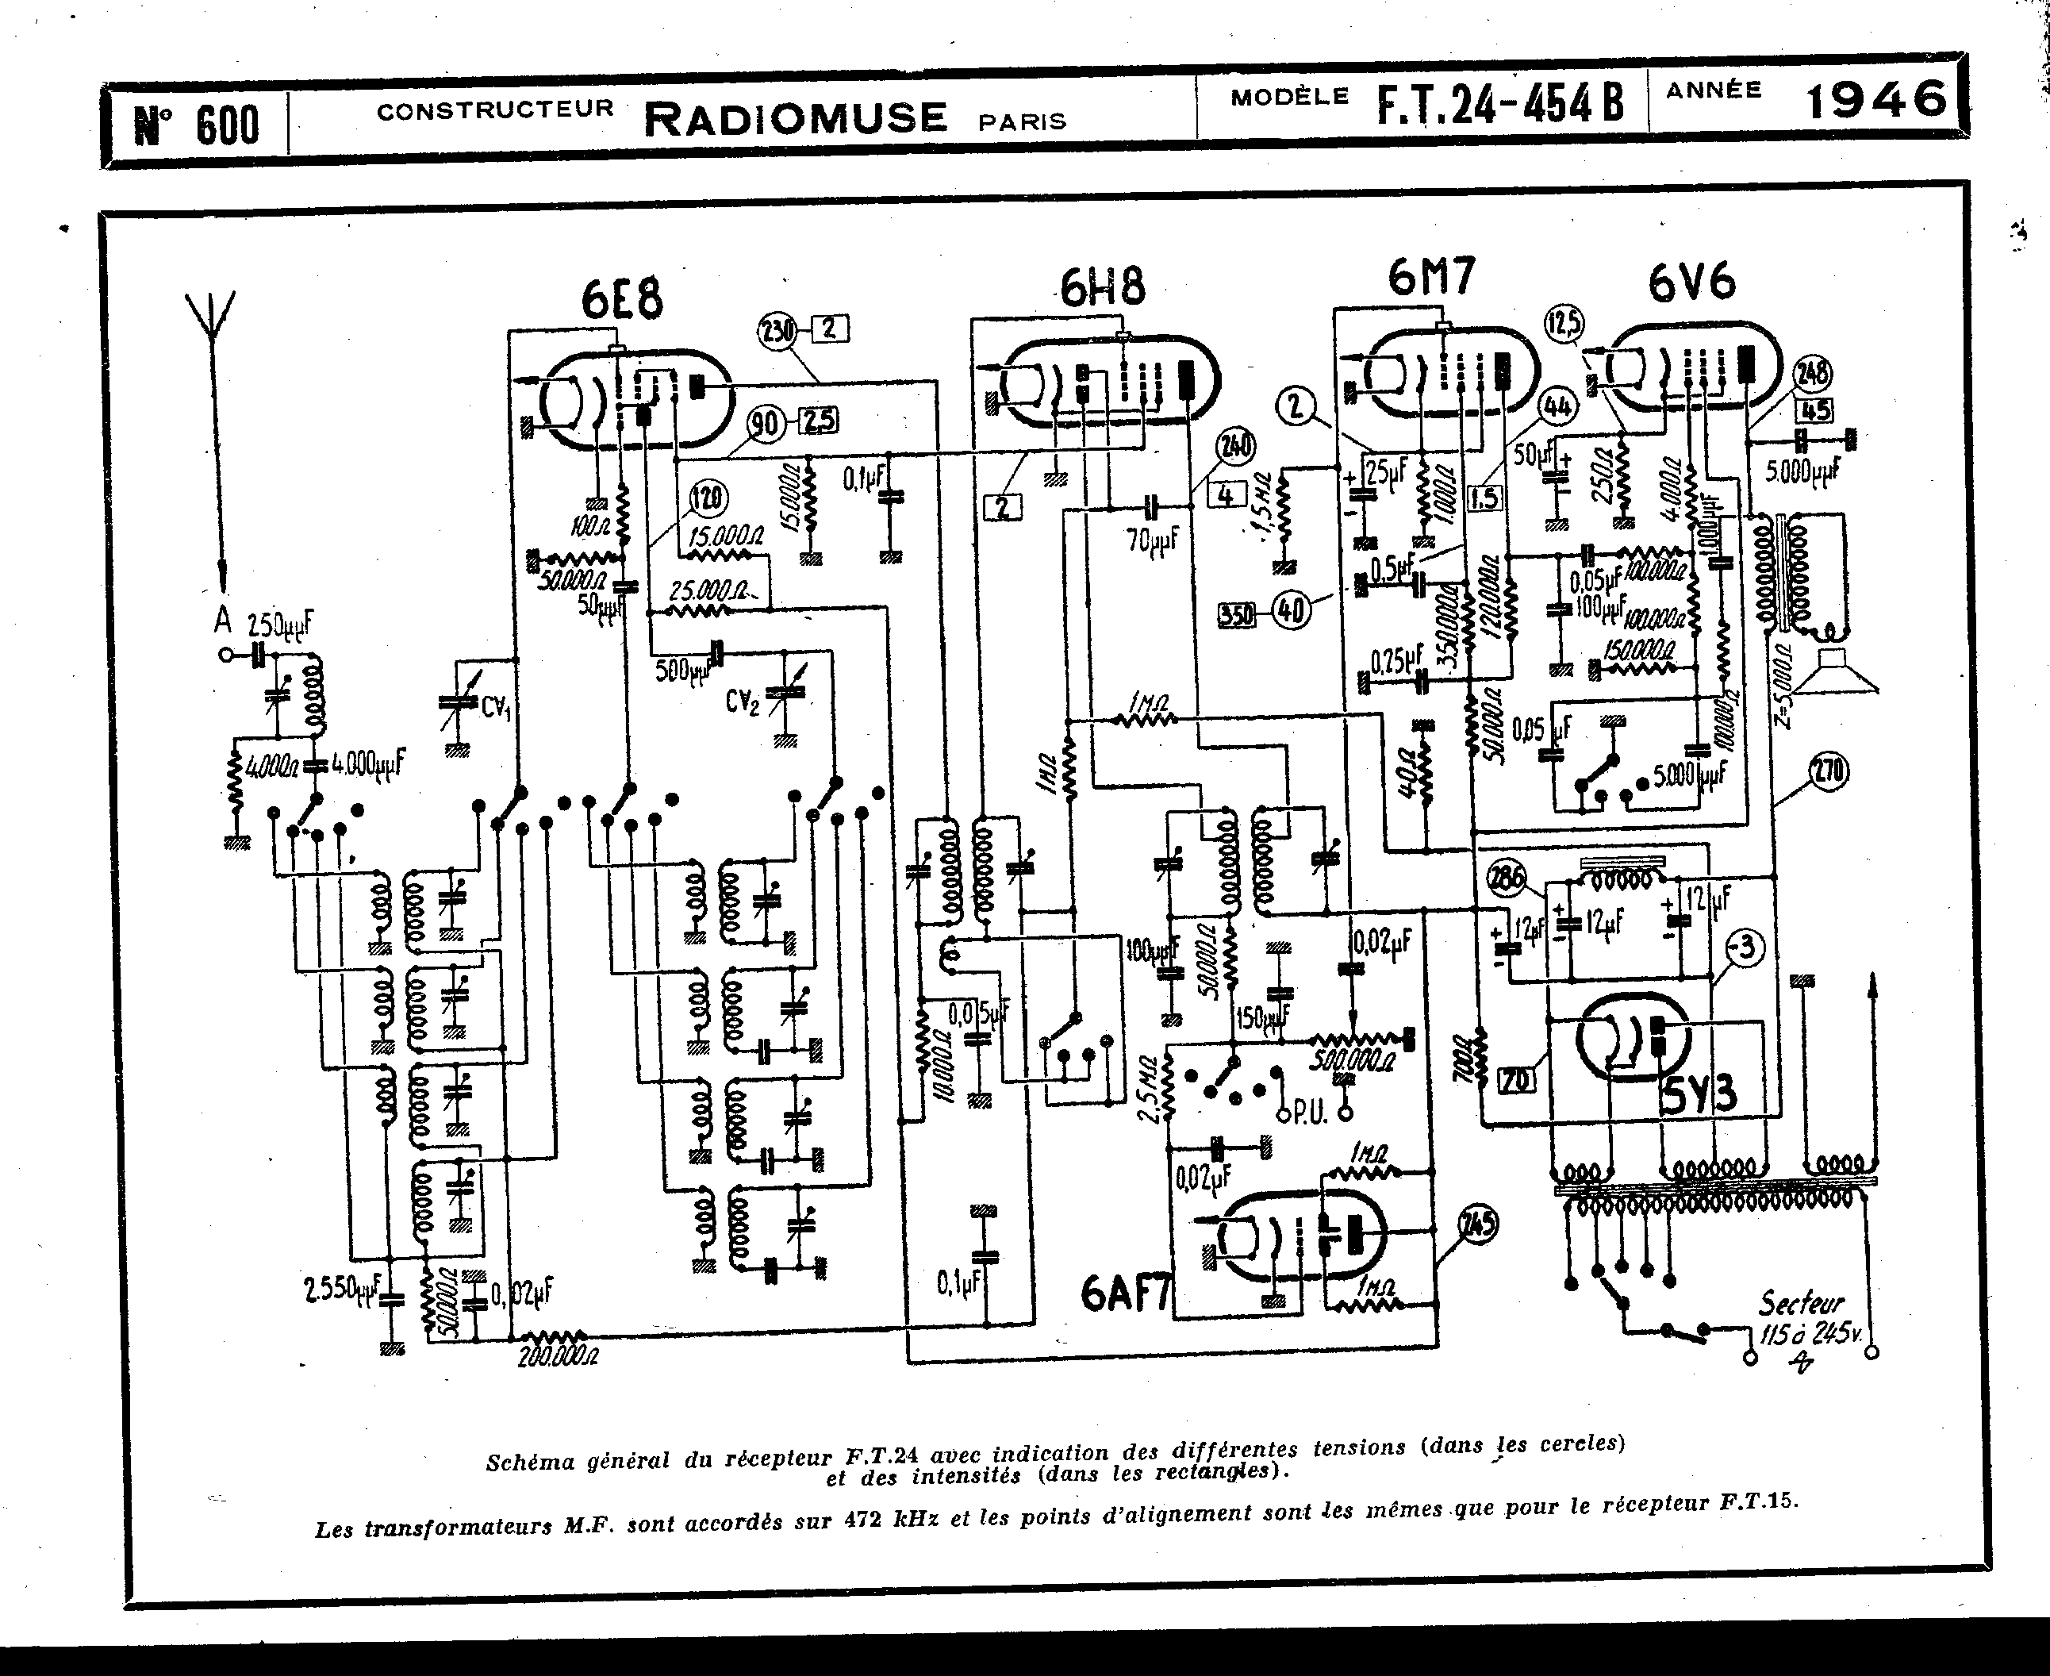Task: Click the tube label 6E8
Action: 623,300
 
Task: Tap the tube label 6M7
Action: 1431,278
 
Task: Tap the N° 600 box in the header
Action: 197,125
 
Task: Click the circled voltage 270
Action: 1829,771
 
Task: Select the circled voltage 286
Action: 1507,878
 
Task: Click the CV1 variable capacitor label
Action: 495,708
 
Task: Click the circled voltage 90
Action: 766,424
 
